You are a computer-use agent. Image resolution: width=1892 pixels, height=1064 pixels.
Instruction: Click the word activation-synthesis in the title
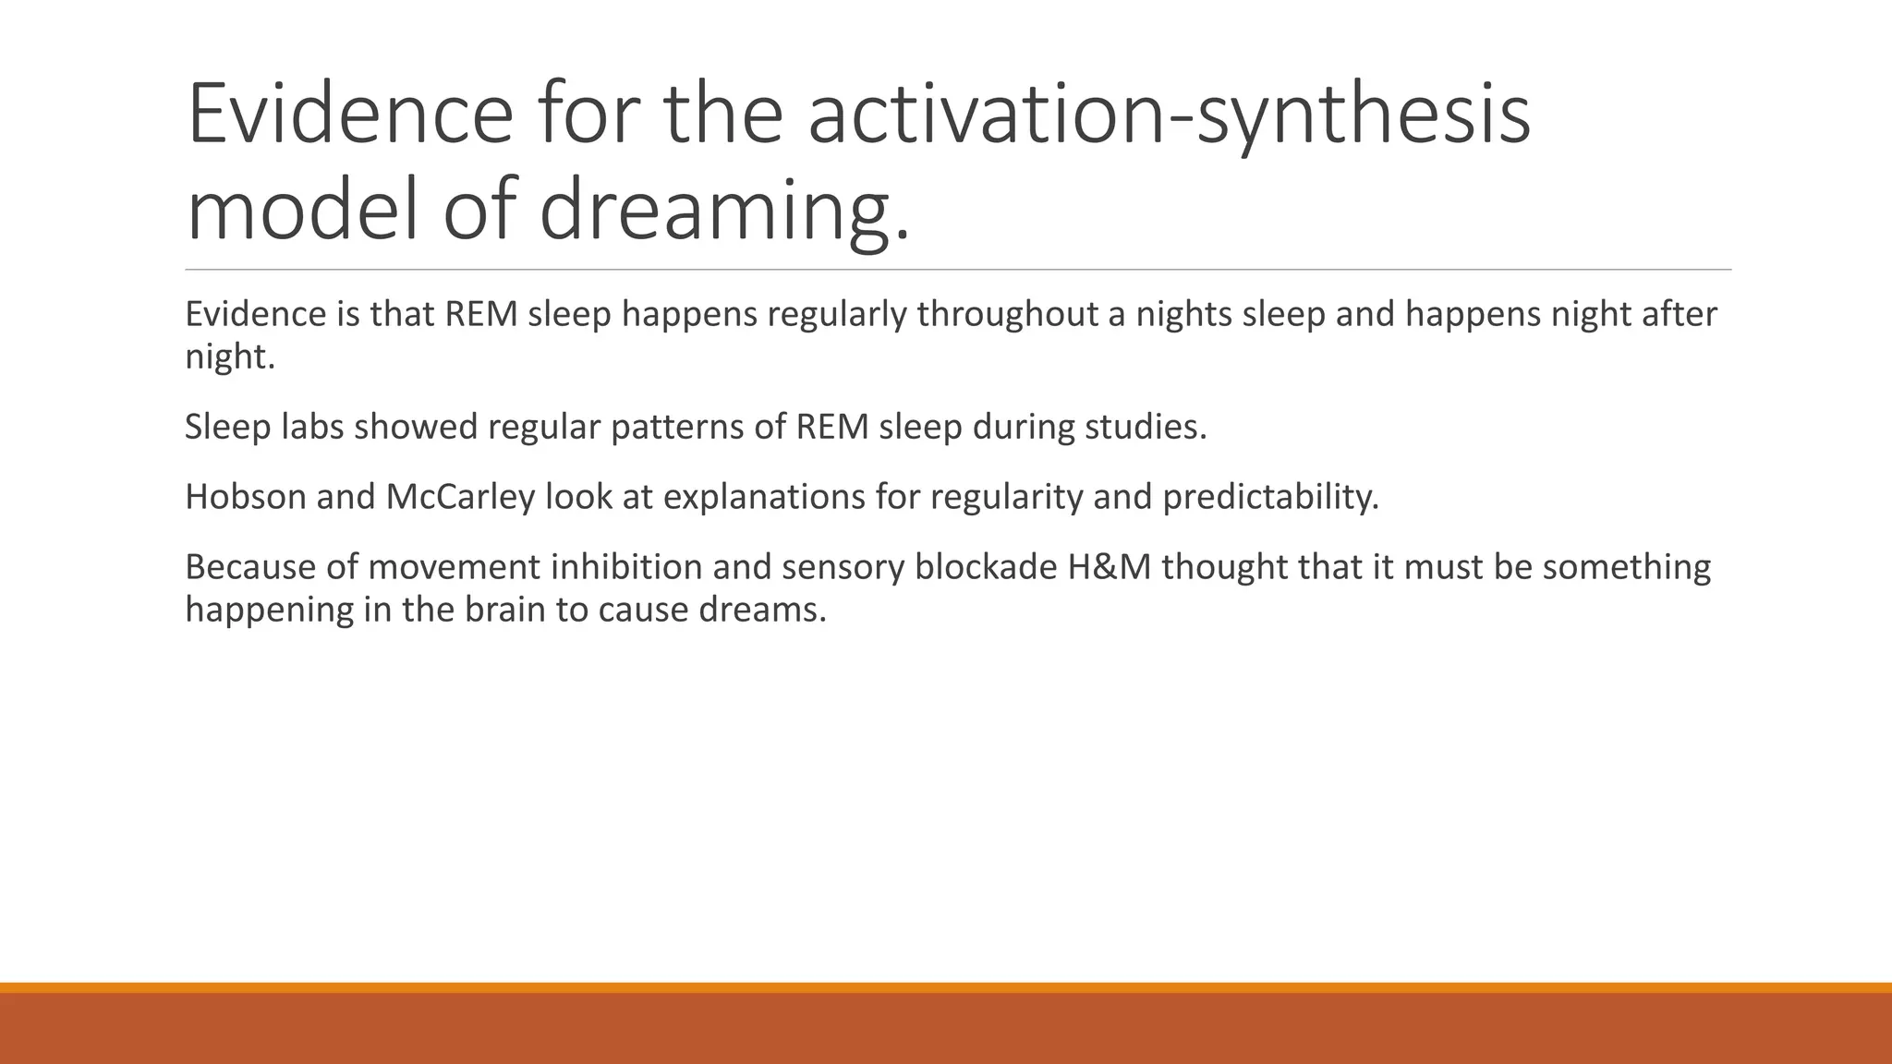point(1169,115)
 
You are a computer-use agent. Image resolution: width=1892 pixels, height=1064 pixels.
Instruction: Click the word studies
point(1145,428)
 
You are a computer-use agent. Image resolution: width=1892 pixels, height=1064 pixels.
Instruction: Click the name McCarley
point(460,498)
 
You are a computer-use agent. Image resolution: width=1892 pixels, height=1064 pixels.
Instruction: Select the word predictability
point(1270,498)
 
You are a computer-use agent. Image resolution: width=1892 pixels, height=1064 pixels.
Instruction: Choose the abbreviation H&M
point(1109,567)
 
